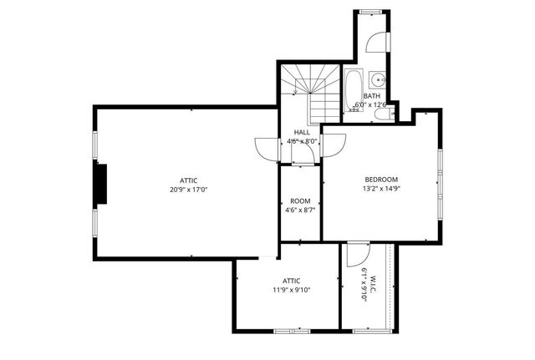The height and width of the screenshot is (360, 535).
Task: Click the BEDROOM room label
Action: [380, 180]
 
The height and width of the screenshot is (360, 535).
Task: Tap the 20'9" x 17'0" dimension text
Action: [188, 190]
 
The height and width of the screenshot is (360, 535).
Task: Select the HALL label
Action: [302, 132]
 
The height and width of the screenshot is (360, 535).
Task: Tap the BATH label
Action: [372, 96]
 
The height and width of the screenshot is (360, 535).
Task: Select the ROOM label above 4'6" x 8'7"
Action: [300, 201]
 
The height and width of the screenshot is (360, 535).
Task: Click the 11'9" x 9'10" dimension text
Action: [291, 291]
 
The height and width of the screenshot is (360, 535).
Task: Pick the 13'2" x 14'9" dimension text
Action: [380, 189]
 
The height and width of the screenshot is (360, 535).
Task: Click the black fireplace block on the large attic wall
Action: [100, 184]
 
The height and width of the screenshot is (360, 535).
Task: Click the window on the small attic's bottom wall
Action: [291, 331]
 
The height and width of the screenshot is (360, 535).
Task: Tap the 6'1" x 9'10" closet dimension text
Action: [364, 285]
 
